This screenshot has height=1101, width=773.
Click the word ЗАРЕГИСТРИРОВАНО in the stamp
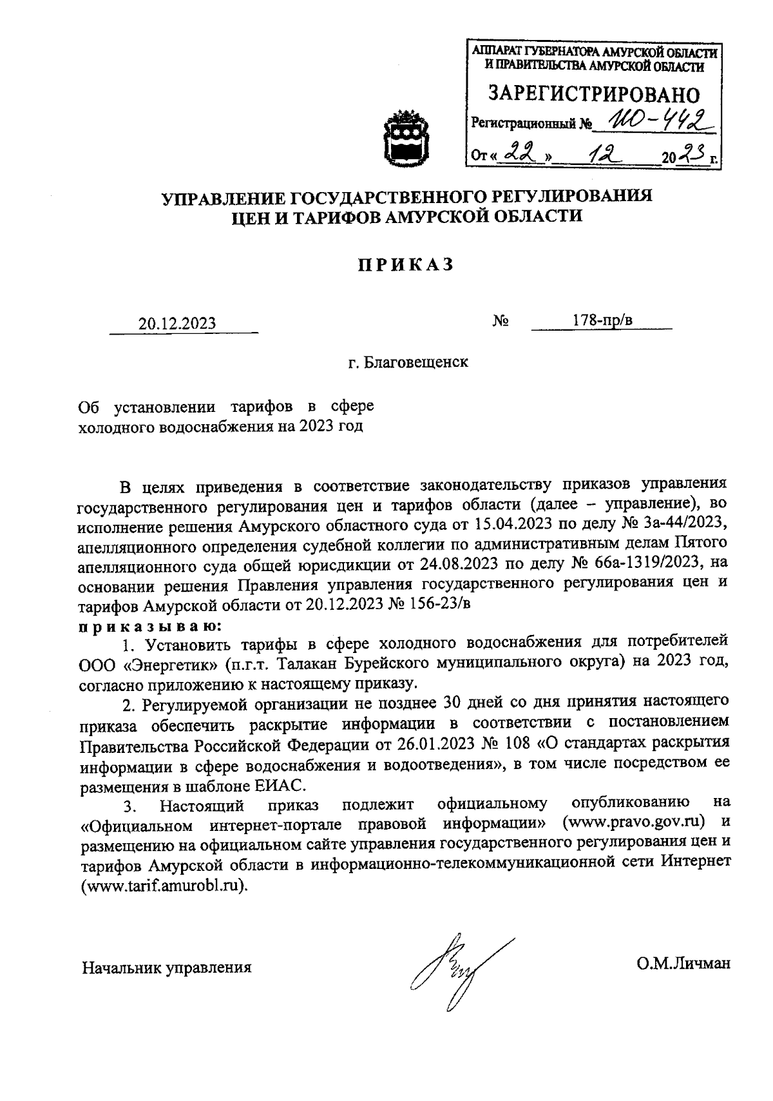click(x=594, y=94)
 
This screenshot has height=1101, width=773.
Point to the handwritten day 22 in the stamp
click(x=520, y=153)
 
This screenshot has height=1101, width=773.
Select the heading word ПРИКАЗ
click(x=406, y=264)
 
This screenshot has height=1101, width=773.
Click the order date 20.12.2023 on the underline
click(x=177, y=323)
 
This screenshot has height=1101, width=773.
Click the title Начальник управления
click(x=166, y=967)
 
